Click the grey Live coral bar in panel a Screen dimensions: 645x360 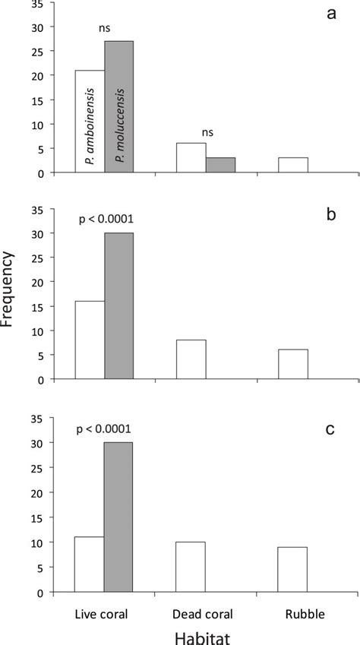pyautogui.click(x=119, y=107)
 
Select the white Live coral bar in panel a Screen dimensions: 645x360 pyautogui.click(x=90, y=122)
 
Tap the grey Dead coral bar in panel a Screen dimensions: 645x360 pyautogui.click(x=220, y=166)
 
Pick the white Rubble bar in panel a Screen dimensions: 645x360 pyautogui.click(x=293, y=166)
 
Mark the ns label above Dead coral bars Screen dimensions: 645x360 pyautogui.click(x=207, y=131)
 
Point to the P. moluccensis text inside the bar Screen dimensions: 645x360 pyautogui.click(x=119, y=129)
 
